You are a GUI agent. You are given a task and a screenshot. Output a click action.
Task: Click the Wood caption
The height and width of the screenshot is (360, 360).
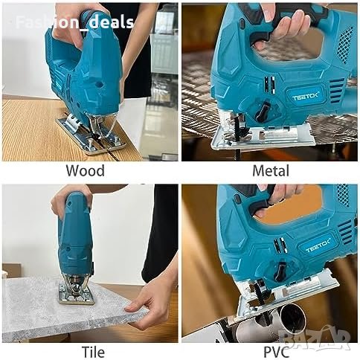pyautogui.click(x=86, y=171)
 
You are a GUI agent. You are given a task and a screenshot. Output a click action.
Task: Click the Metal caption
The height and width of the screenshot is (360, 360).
pyautogui.click(x=271, y=171)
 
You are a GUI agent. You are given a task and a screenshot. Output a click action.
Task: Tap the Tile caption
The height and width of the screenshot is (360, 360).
pyautogui.click(x=93, y=352)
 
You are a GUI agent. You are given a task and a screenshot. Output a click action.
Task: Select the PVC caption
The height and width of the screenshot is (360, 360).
pyautogui.click(x=276, y=352)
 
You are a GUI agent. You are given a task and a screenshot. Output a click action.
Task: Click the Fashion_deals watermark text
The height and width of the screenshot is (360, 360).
pyautogui.click(x=74, y=22)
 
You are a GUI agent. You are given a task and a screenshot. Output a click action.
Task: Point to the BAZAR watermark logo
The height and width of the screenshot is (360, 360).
pyautogui.click(x=315, y=338)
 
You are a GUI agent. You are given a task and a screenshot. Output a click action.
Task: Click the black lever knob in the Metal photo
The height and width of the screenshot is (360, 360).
pyautogui.click(x=263, y=112)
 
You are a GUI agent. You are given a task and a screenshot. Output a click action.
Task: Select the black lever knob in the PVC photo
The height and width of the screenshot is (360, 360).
pyautogui.click(x=281, y=271)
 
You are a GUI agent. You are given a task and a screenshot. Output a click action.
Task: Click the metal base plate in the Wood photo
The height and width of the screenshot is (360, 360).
pyautogui.click(x=91, y=137)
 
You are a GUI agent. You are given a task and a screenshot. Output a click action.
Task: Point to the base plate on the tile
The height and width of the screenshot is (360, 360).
pyautogui.click(x=77, y=295)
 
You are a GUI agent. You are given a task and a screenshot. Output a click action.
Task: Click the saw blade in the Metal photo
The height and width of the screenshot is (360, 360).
pyautogui.click(x=240, y=134)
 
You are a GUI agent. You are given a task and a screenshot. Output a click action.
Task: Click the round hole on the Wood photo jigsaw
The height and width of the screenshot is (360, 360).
pyautogui.click(x=99, y=85)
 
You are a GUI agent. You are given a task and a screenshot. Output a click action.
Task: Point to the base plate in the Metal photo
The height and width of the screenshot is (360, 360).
pyautogui.click(x=263, y=137)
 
